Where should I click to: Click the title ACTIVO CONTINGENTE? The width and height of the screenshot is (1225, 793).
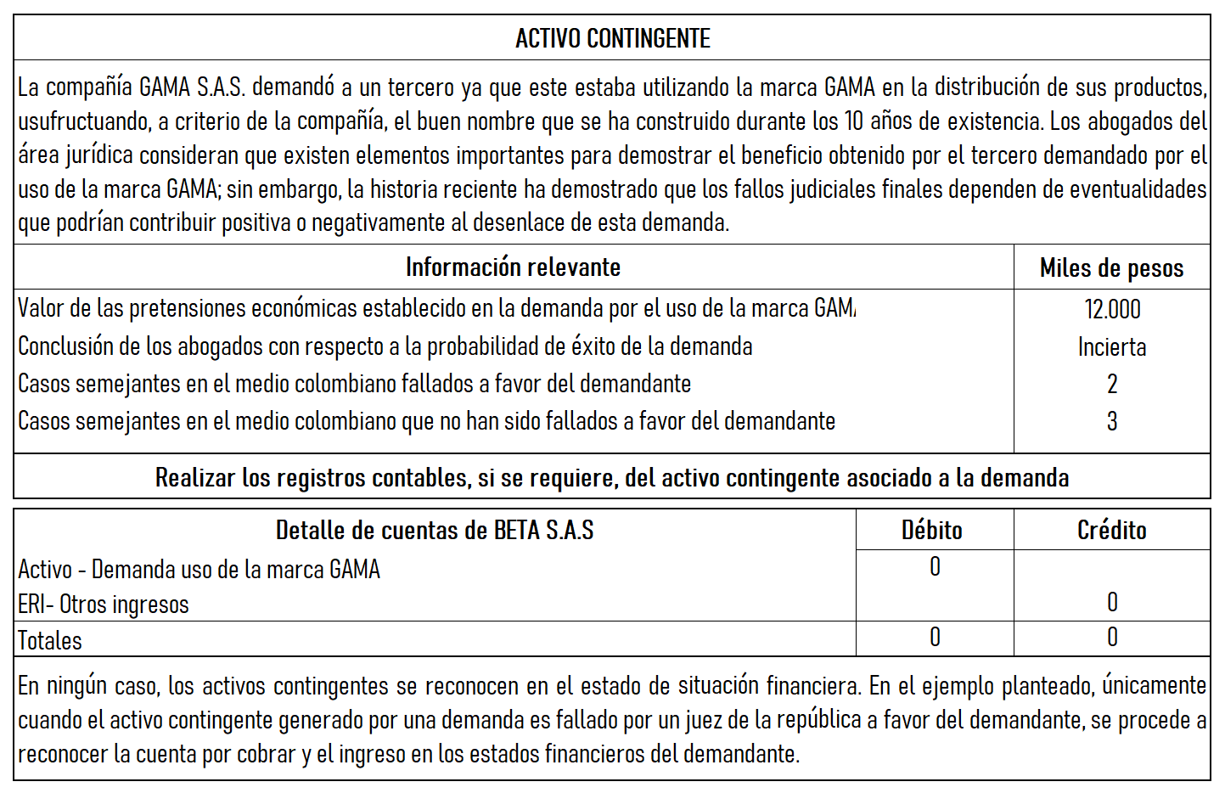point(612,38)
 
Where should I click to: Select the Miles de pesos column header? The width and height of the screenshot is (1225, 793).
point(1111,268)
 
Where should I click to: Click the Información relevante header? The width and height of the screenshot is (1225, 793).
point(513,267)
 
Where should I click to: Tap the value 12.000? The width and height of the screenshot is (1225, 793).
point(1112,309)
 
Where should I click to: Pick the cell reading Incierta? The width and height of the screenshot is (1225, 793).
point(1112,347)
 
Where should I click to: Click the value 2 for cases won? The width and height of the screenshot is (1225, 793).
point(1112,385)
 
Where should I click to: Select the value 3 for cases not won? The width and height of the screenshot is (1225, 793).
point(1112,422)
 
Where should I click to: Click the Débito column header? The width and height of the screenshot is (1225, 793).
point(932,531)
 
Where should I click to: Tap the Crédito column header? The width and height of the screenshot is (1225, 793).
point(1111,531)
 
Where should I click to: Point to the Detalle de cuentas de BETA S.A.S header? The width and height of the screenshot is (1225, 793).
point(435,531)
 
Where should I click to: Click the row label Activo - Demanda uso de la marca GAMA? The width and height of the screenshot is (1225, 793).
point(199,569)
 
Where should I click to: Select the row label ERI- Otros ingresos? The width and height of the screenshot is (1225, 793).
point(104,605)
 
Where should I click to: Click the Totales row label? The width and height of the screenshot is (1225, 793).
point(50,641)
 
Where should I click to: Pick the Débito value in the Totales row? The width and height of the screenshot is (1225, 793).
point(935,638)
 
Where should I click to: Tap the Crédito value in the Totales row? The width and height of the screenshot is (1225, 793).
point(1112,638)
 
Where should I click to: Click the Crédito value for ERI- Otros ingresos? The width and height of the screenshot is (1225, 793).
point(1112,603)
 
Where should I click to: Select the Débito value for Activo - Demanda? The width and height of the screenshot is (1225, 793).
point(935,567)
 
